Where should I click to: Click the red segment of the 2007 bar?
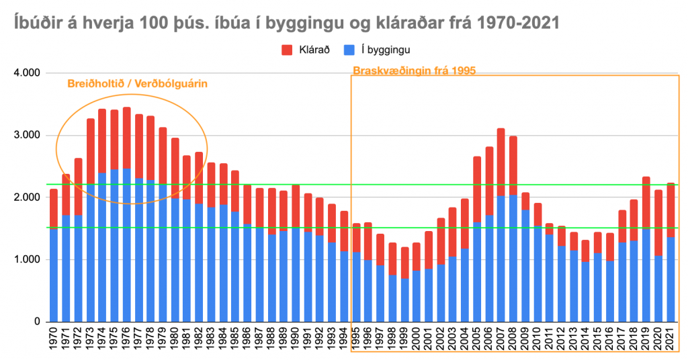501,162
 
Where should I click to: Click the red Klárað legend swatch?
287,49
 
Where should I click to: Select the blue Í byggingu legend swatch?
348,49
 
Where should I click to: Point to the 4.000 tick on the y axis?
29,73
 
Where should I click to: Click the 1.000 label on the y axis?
29,260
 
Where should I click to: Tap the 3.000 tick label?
29,135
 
